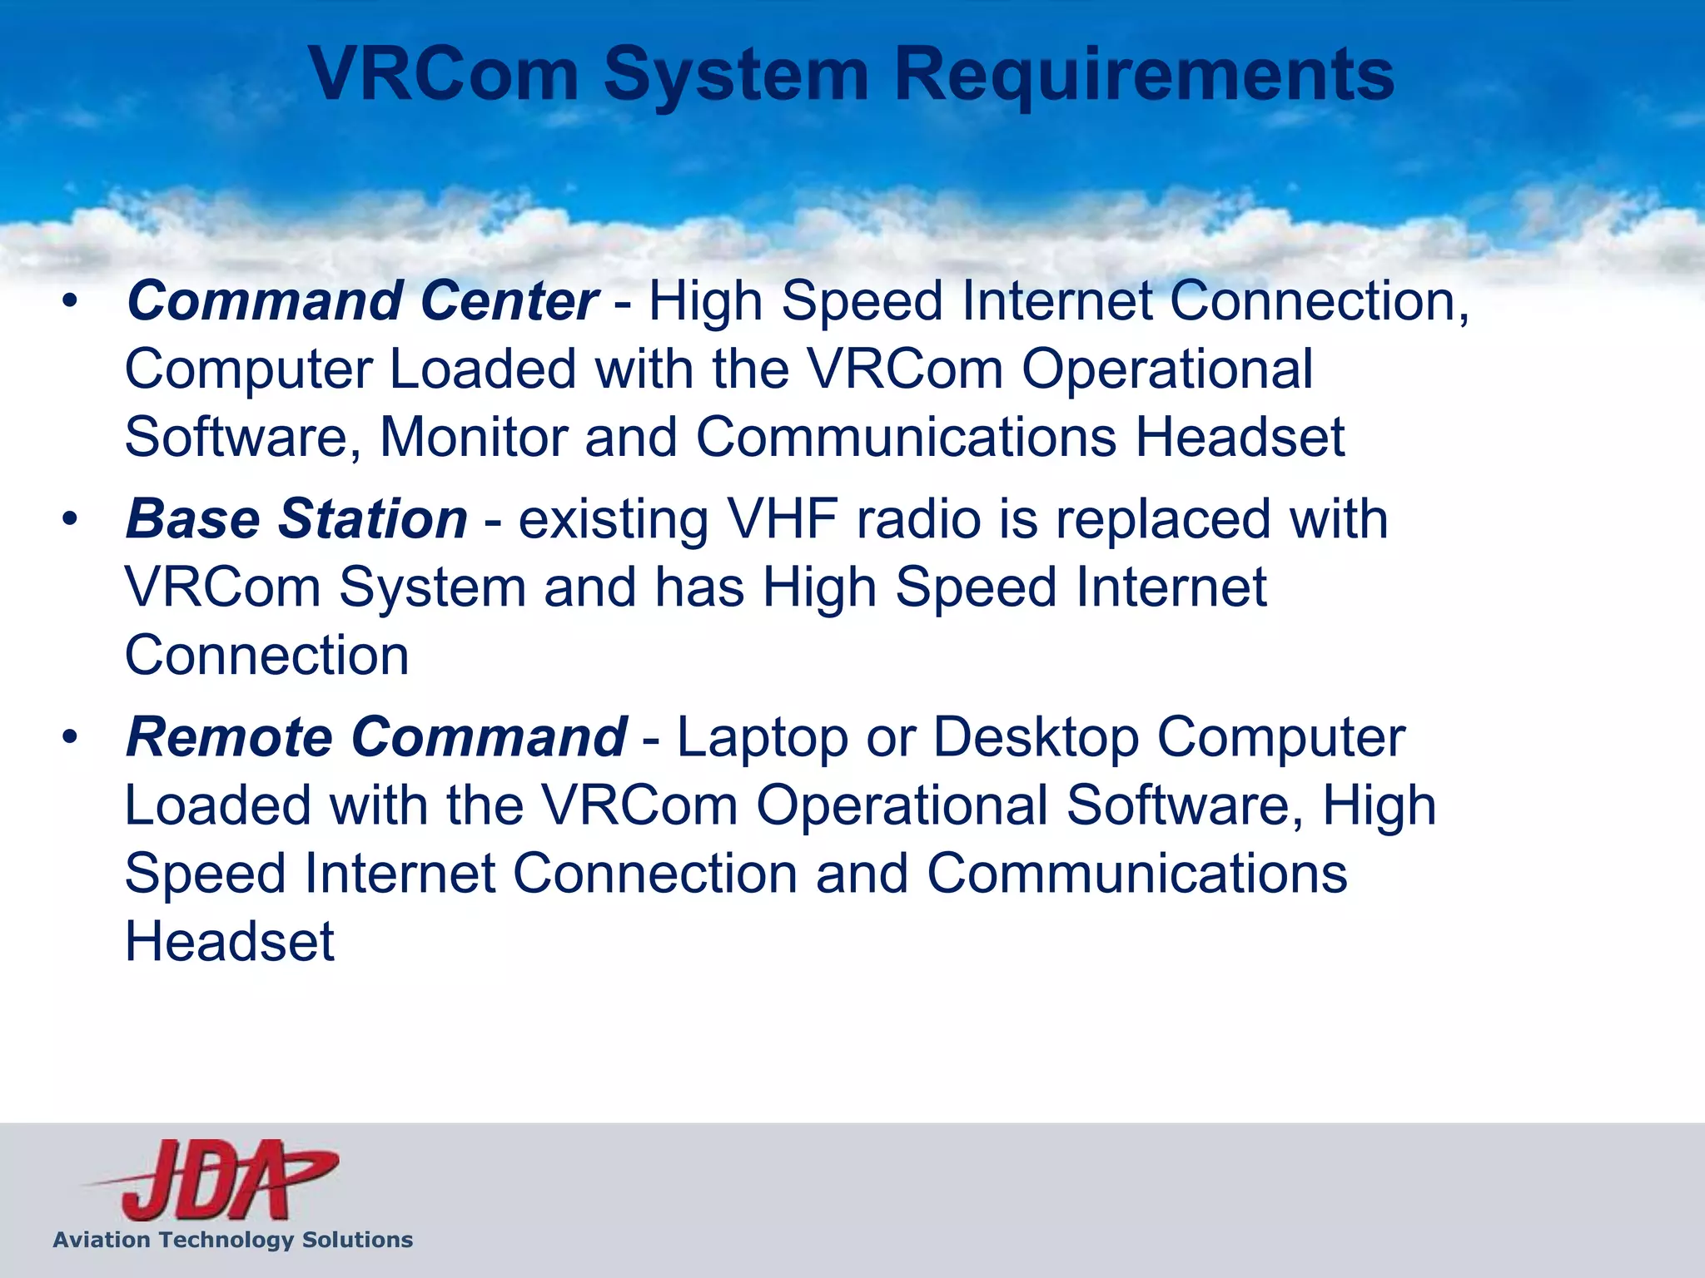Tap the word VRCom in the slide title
[445, 75]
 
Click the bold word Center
[510, 301]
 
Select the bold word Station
[372, 520]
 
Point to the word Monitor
[473, 438]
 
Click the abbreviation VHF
[783, 520]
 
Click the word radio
[919, 520]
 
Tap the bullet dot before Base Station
[70, 520]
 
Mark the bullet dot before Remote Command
[70, 738]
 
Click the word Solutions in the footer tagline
[357, 1240]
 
